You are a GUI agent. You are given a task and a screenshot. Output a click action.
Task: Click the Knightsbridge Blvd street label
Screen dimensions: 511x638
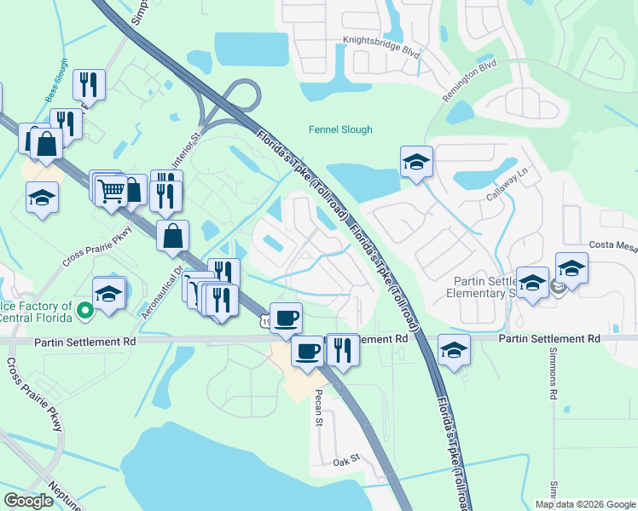pos(381,45)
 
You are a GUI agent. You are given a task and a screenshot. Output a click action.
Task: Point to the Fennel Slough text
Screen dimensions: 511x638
pos(340,130)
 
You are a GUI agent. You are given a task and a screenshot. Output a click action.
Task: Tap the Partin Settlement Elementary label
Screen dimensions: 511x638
pos(483,287)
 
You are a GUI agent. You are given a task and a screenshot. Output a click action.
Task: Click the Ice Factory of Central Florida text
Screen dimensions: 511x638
pos(36,312)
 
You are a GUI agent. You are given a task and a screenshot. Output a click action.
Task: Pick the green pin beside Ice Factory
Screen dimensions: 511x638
pos(84,311)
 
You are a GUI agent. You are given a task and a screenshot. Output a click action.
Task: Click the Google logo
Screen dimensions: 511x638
pos(28,501)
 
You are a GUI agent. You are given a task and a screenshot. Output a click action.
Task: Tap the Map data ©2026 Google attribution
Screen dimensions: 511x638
pos(585,504)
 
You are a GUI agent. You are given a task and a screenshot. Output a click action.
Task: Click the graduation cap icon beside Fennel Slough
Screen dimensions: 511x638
pos(416,161)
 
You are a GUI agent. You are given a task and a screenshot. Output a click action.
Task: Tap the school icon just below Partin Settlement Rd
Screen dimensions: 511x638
pos(454,350)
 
